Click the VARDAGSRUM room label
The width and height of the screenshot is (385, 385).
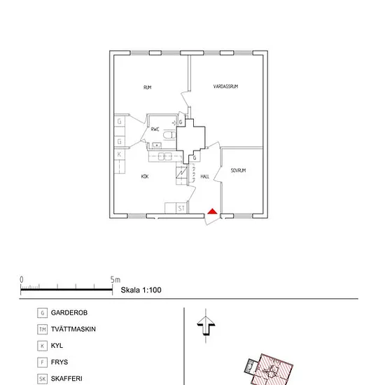(x=225, y=86)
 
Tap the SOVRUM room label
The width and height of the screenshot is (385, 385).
(x=238, y=170)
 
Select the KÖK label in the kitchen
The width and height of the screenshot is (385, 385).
(x=145, y=176)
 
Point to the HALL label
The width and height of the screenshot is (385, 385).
(x=205, y=176)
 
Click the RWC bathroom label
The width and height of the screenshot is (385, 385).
(x=155, y=129)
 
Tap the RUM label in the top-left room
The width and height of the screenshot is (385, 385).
(x=147, y=87)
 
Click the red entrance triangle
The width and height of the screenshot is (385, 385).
(x=212, y=211)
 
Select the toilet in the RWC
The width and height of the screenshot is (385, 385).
(x=169, y=135)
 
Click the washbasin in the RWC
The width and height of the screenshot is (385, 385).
(x=157, y=146)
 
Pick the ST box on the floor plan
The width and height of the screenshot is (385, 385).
(x=181, y=208)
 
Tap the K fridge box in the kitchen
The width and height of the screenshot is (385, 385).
(x=119, y=154)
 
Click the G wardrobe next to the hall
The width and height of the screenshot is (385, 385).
(x=195, y=157)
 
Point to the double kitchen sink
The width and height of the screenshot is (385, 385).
(x=164, y=156)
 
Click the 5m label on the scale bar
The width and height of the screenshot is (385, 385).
(x=115, y=280)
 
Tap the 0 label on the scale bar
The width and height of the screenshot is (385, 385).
(x=22, y=280)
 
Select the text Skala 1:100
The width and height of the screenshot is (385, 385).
(x=141, y=290)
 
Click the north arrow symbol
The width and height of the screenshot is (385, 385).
(x=206, y=325)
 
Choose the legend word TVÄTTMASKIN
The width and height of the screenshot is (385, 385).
(x=73, y=329)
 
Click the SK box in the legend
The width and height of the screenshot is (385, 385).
(x=42, y=379)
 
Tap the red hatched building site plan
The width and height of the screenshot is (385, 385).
(x=272, y=370)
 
